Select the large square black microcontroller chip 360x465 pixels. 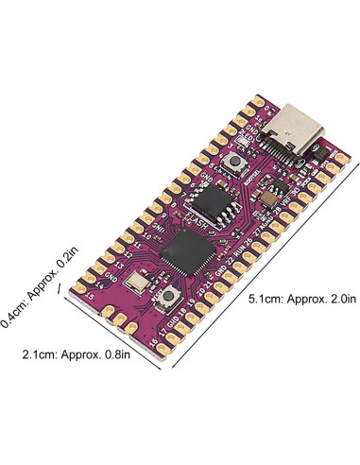click(x=182, y=250)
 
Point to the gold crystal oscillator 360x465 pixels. click(x=140, y=282)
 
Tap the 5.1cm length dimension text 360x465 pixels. click(x=301, y=300)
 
